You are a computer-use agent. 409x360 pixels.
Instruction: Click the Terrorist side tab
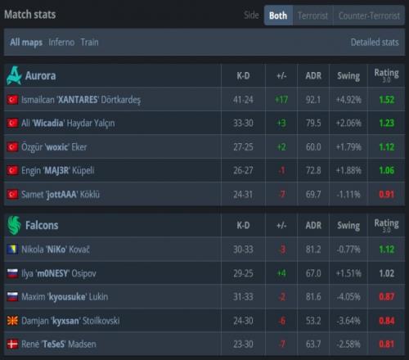click(x=312, y=16)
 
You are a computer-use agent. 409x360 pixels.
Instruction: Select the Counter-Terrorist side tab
click(x=369, y=16)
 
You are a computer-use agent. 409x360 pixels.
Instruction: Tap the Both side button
click(x=278, y=16)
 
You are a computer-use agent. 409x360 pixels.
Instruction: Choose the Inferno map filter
click(x=61, y=43)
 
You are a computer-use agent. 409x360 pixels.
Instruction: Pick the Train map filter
click(x=89, y=43)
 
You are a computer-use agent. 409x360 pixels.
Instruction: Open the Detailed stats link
click(x=375, y=43)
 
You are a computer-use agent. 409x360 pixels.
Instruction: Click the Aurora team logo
click(x=14, y=75)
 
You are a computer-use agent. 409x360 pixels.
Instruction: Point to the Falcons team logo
click(x=14, y=225)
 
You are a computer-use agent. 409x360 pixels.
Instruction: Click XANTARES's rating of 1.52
click(x=387, y=100)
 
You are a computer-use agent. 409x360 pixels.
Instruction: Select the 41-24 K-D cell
click(x=243, y=100)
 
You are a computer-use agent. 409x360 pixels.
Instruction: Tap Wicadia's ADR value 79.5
click(x=313, y=123)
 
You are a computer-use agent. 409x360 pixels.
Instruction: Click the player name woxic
click(x=56, y=147)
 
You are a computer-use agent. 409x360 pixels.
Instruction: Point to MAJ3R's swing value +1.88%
click(x=348, y=170)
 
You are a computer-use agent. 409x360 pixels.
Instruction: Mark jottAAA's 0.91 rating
click(x=387, y=194)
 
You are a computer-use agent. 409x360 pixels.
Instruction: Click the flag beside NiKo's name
click(x=12, y=250)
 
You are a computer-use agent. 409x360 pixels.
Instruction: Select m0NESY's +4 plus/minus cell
click(x=281, y=273)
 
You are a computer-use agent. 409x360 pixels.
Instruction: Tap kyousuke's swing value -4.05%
click(x=348, y=297)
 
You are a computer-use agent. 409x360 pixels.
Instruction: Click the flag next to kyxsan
click(x=12, y=321)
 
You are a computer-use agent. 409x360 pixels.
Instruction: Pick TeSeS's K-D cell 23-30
click(x=243, y=344)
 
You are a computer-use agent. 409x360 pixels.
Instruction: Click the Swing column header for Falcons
click(x=348, y=225)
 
